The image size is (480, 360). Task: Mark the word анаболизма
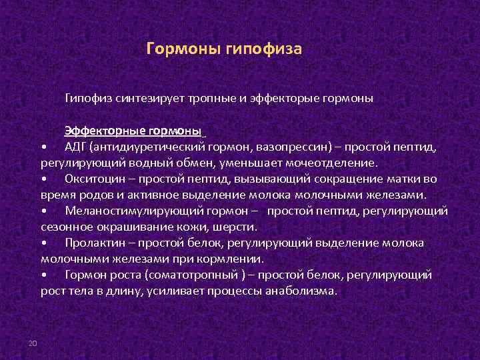pyautogui.click(x=301, y=291)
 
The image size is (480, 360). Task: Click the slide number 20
pyautogui.click(x=32, y=343)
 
